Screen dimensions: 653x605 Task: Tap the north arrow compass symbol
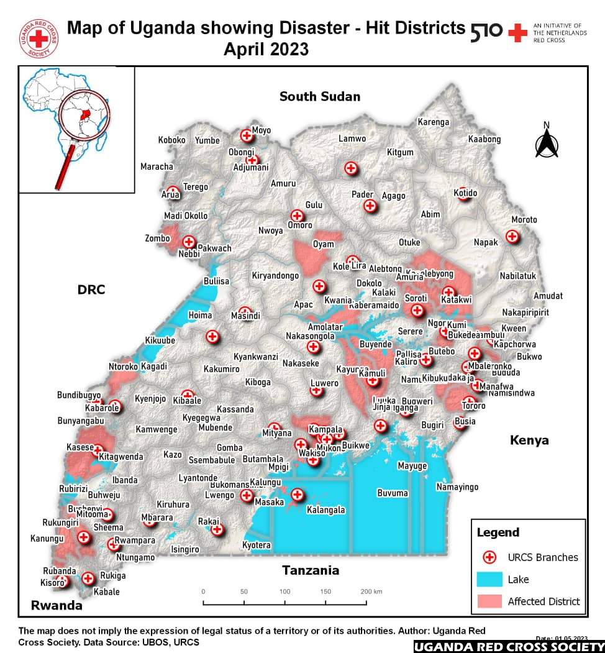(546, 141)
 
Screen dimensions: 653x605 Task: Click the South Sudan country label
(319, 96)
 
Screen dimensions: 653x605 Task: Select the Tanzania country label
(311, 570)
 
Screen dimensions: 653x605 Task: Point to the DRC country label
(91, 290)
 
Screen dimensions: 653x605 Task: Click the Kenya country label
(529, 440)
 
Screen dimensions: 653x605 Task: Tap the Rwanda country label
(57, 605)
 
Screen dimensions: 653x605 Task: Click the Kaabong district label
(484, 139)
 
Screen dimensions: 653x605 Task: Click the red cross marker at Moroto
(512, 236)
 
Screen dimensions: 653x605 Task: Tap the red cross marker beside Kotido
(460, 192)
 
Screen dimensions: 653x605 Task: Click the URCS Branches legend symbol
(489, 557)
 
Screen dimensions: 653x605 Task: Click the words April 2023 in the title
(266, 48)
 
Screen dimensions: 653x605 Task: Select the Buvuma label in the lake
(393, 493)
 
